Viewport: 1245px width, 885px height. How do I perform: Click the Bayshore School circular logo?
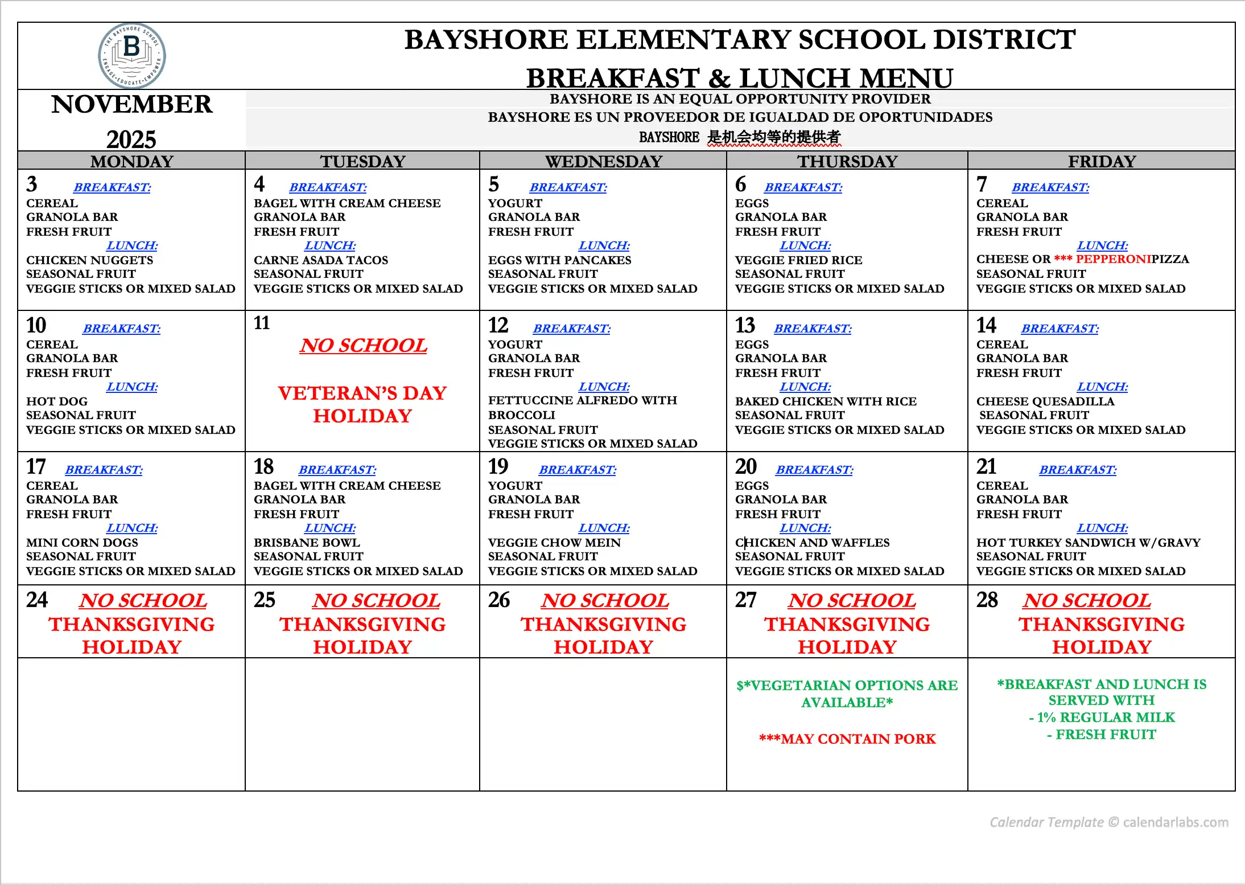(132, 56)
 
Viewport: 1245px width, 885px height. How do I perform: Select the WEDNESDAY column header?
(604, 161)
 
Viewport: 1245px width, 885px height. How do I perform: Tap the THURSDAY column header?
(847, 161)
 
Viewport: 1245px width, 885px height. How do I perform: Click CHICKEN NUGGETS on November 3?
(89, 260)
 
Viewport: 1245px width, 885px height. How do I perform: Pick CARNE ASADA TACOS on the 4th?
(321, 260)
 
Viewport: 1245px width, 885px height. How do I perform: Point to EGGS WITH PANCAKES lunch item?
(559, 260)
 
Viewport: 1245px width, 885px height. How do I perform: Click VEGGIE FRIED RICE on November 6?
(798, 260)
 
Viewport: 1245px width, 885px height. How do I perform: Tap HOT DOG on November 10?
(57, 401)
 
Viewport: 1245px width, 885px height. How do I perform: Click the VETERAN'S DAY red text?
(362, 393)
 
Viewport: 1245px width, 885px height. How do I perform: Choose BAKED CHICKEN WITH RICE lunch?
(826, 401)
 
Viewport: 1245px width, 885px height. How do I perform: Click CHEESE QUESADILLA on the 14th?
(1045, 401)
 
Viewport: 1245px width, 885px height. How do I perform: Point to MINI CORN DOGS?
(82, 543)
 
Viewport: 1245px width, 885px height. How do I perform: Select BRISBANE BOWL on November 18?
(307, 543)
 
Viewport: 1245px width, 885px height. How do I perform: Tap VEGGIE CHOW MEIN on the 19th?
(554, 543)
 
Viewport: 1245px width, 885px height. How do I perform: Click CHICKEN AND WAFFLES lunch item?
(812, 543)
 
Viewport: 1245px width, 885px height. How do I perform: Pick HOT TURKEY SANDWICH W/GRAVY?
(1088, 543)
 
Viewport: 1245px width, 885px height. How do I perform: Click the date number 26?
(499, 600)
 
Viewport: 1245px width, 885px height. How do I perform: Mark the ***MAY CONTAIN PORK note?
(847, 739)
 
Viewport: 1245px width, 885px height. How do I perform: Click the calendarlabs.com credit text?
(1108, 822)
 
